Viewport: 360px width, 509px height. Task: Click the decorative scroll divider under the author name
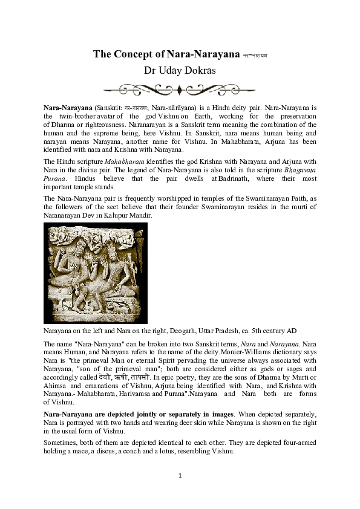click(x=180, y=90)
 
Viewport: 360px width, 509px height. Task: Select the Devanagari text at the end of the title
click(x=255, y=55)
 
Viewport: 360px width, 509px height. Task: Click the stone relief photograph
click(x=96, y=273)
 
